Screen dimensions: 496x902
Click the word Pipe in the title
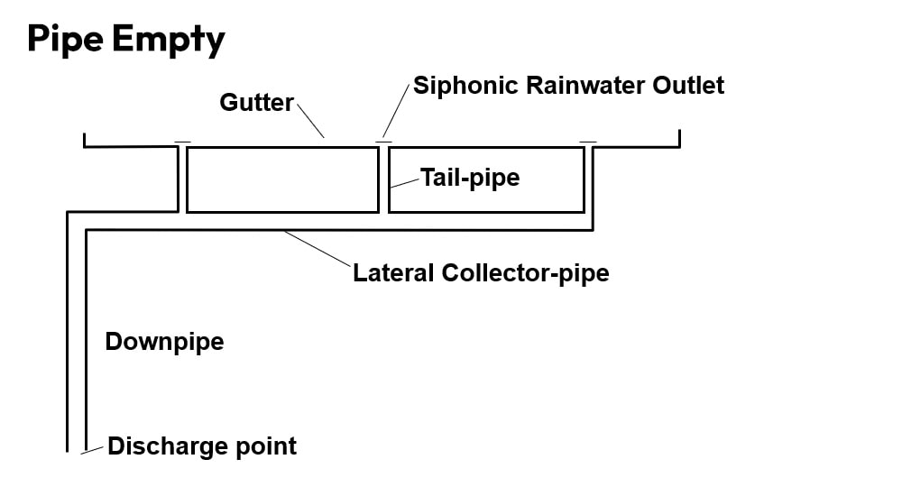point(65,41)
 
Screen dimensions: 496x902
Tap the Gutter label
point(256,103)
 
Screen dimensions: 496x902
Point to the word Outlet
point(693,86)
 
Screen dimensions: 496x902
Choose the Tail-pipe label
point(470,178)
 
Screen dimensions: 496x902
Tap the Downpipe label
point(164,342)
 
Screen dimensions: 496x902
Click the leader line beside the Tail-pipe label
point(405,182)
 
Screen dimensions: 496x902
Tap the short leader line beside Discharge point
point(91,450)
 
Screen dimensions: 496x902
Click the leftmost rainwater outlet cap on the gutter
point(182,142)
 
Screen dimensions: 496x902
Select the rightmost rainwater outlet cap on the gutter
point(588,142)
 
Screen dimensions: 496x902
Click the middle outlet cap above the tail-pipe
point(383,142)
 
